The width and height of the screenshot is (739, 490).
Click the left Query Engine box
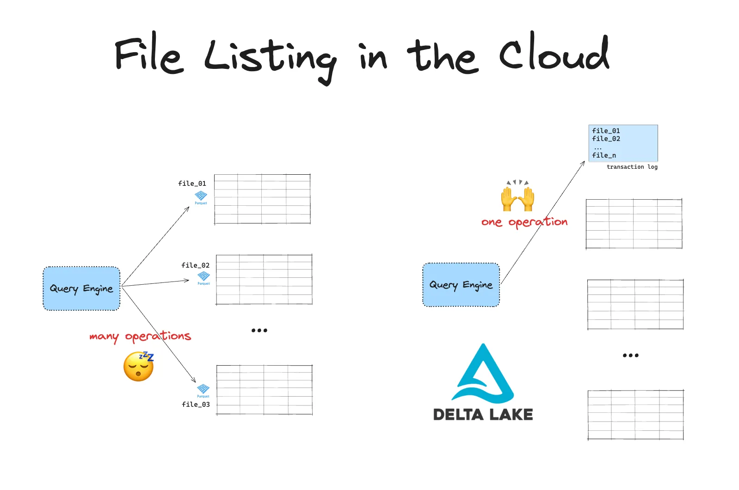(x=81, y=288)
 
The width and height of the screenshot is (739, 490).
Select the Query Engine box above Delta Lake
(x=461, y=285)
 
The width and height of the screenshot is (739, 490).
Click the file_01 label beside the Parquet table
(x=192, y=184)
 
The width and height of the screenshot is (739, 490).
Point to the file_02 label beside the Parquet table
(x=195, y=265)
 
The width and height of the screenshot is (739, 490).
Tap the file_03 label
(x=196, y=404)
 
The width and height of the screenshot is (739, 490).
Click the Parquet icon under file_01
(x=201, y=196)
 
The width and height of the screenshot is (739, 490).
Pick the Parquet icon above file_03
(x=203, y=390)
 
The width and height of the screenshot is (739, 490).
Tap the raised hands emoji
(x=517, y=196)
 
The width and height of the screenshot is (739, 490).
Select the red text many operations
(x=140, y=337)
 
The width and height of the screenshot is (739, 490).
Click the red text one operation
(x=524, y=222)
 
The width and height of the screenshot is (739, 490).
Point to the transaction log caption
(x=632, y=167)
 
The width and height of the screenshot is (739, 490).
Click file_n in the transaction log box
(x=604, y=155)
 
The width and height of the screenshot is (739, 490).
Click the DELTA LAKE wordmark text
(x=483, y=415)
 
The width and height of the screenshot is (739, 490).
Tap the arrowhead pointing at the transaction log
(x=583, y=163)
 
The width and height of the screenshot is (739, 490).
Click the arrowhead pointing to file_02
(x=186, y=280)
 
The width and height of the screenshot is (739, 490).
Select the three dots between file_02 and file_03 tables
(x=259, y=331)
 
